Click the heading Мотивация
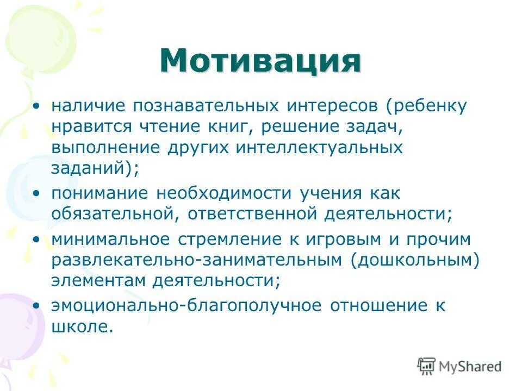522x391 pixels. point(260,61)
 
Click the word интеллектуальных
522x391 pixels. point(319,147)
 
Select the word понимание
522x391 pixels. point(101,193)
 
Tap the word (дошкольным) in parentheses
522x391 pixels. point(415,260)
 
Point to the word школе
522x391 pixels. point(83,327)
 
